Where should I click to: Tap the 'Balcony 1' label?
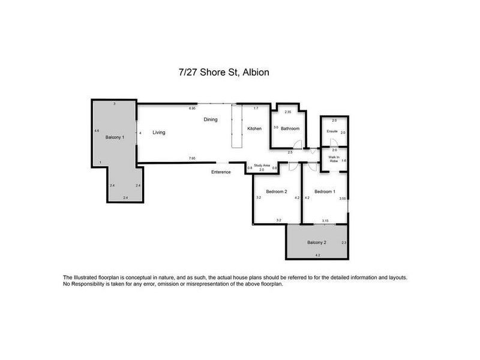click(115, 137)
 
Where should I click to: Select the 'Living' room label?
click(158, 132)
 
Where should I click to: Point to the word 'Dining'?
click(210, 119)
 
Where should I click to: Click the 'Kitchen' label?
click(255, 128)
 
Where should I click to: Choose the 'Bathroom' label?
click(290, 128)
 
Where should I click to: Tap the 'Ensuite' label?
click(332, 130)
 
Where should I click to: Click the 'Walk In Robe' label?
click(333, 160)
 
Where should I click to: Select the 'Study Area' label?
click(262, 166)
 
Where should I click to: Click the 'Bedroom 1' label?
click(324, 191)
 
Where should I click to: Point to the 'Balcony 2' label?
click(316, 242)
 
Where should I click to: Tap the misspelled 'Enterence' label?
click(221, 172)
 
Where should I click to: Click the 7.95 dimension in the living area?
click(191, 158)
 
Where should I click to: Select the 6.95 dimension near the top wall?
click(192, 109)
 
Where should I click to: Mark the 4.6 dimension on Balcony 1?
click(97, 130)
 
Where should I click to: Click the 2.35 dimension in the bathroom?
click(287, 112)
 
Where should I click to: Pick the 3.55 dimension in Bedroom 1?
click(342, 198)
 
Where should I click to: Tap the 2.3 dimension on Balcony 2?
click(343, 242)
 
